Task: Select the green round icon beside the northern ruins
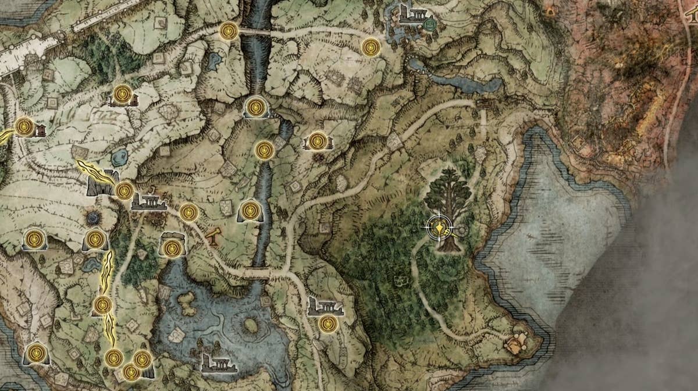[x=430, y=24]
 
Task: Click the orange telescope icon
[x=213, y=236]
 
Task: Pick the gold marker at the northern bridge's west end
[x=229, y=31]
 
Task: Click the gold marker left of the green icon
[x=371, y=47]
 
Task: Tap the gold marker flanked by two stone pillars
[x=318, y=141]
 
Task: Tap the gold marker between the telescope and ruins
[x=188, y=212]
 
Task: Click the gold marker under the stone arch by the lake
[x=171, y=248]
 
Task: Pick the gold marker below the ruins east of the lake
[x=328, y=324]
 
